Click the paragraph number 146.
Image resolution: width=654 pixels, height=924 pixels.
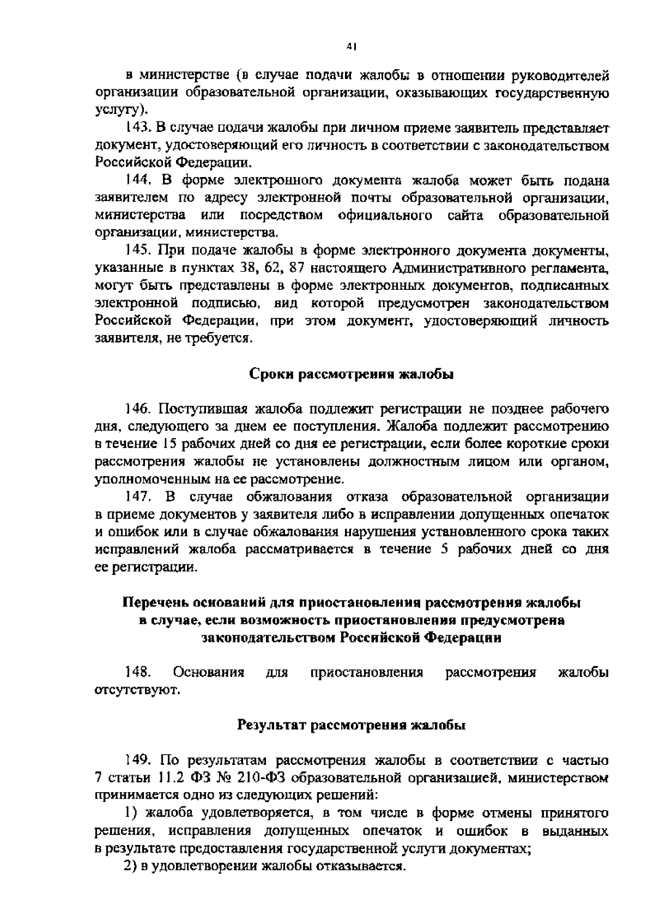point(136,409)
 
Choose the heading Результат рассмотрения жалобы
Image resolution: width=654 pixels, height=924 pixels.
point(352,725)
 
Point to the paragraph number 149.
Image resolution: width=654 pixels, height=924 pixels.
point(136,760)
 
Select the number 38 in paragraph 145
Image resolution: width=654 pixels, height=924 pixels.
point(248,268)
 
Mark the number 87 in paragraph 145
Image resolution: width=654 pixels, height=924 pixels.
point(297,268)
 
